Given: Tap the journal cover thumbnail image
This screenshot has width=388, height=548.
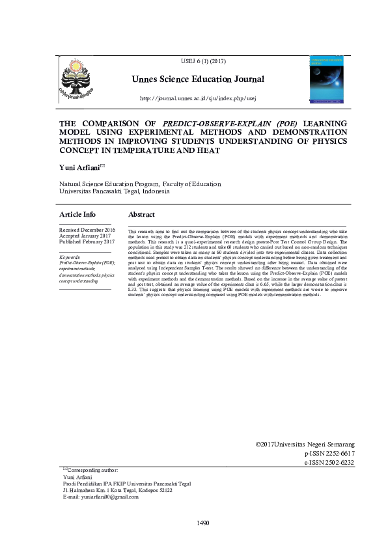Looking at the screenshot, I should click(328, 81).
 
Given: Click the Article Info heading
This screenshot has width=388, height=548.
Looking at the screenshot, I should click(77, 214).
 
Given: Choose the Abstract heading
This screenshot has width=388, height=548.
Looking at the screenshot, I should click(141, 214).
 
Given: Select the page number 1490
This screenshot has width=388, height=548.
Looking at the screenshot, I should click(202, 523).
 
